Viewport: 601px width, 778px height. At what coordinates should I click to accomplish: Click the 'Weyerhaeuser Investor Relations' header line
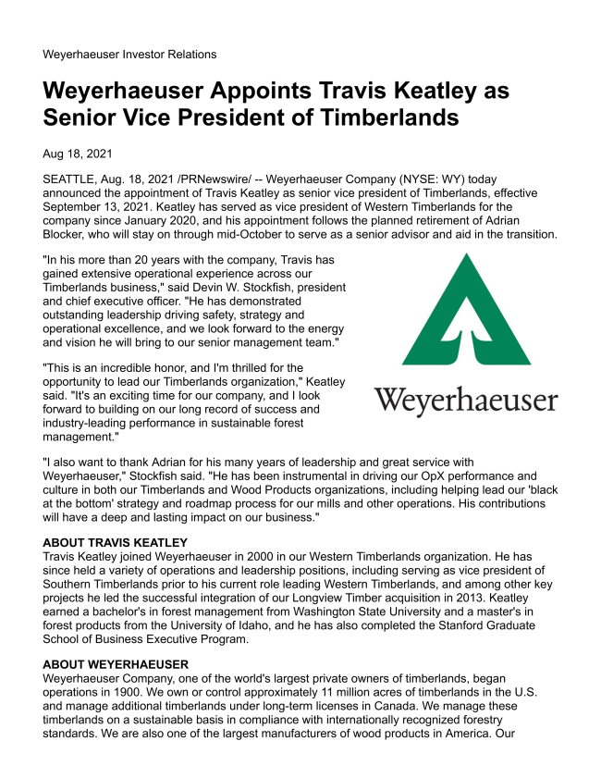coord(129,55)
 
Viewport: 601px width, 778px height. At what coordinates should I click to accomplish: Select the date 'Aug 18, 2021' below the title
coord(79,154)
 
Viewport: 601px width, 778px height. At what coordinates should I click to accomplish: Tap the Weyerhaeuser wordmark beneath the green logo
coord(465,401)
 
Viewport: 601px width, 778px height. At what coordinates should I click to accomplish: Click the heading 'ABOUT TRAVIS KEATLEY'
coord(116,542)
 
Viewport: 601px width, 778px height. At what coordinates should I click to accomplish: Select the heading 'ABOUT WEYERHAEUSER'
coord(116,664)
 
